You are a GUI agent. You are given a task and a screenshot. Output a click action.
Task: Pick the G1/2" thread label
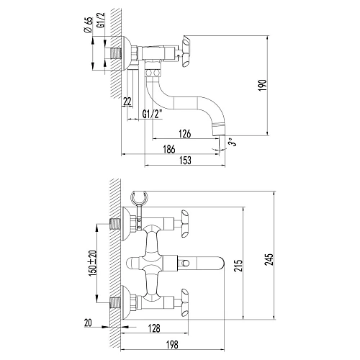[153, 114]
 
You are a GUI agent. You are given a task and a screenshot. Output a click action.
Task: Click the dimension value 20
[87, 323]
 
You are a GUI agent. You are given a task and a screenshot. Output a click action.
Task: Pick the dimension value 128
[154, 328]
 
